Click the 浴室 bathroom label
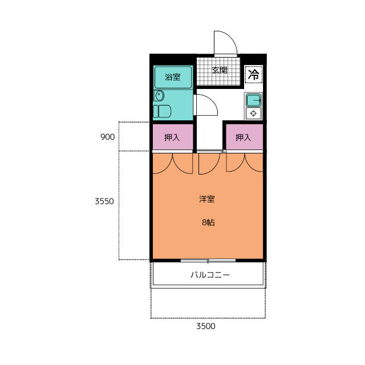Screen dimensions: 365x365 coord(172,77)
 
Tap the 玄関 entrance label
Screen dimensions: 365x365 coord(219,70)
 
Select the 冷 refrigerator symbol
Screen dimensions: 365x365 coord(253,75)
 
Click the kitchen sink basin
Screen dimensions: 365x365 coord(253,100)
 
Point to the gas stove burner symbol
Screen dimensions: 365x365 coord(253,113)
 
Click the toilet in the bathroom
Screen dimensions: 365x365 coord(162,111)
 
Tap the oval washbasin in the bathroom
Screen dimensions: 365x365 coord(160,96)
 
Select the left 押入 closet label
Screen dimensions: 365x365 coord(172,137)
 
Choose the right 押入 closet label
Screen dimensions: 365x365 coord(244,137)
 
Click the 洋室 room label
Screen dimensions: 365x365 coord(207,199)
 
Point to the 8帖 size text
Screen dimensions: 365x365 coord(208,222)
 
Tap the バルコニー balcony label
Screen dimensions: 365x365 coord(210,275)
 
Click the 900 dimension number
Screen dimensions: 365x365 coord(108,137)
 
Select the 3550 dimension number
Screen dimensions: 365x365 coord(104,201)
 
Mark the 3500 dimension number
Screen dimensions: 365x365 coord(206,326)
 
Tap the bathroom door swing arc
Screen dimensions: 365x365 coord(212,100)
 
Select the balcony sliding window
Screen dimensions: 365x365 coord(208,261)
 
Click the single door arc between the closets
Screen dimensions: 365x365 coord(215,167)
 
